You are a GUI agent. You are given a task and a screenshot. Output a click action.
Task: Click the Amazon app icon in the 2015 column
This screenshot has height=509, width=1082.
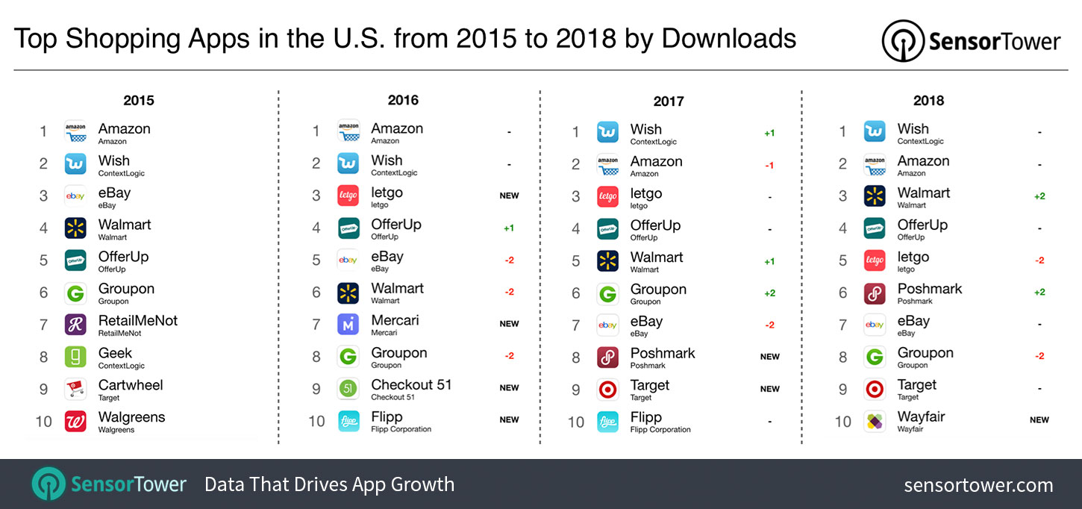pos(75,132)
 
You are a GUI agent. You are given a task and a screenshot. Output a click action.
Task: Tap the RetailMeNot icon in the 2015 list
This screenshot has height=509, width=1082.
pos(75,324)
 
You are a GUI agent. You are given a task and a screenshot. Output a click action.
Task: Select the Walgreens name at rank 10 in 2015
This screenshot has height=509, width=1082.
pos(131,417)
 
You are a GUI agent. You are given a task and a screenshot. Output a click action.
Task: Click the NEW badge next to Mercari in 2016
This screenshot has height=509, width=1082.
pos(509,324)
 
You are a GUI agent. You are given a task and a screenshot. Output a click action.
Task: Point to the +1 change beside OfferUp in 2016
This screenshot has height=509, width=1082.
pos(509,228)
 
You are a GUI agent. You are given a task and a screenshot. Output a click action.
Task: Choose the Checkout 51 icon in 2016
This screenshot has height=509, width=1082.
pos(348,389)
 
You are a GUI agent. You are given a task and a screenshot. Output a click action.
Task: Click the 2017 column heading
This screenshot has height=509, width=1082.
pos(668,101)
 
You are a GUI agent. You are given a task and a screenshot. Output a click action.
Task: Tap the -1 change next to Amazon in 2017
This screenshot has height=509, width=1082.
pos(769,166)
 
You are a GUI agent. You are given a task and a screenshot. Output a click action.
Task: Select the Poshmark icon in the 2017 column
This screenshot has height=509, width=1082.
pos(607,357)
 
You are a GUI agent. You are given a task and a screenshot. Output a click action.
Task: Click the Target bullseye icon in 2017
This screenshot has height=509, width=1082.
pos(607,389)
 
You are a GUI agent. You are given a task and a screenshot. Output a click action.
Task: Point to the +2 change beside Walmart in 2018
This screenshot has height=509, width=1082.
pos(1039,196)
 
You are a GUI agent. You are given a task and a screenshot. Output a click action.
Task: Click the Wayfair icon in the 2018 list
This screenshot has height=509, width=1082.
pos(875,421)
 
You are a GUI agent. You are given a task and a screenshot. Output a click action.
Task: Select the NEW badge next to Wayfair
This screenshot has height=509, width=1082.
pos(1039,420)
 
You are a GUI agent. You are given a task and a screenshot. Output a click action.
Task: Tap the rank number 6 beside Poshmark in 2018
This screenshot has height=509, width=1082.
pos(843,293)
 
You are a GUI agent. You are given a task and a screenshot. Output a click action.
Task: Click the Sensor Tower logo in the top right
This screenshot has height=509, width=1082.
pos(971,41)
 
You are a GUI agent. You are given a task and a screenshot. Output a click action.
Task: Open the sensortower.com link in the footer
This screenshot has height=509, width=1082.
pos(978,485)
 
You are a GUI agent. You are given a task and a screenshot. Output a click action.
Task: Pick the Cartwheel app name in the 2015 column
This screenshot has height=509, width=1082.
pos(131,385)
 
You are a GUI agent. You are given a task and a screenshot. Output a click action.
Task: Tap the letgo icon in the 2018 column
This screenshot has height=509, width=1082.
pos(875,260)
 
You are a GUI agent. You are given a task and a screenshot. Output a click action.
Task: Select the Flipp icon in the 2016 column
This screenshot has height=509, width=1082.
pos(348,421)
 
